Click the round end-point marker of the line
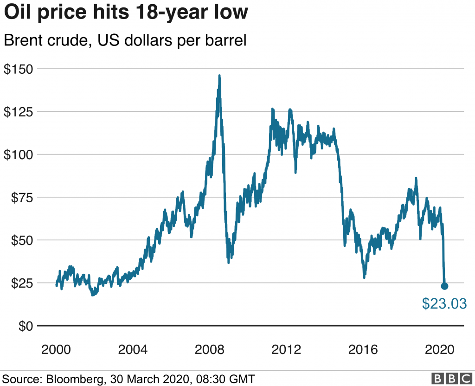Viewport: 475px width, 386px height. [444, 286]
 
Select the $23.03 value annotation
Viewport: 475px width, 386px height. [444, 303]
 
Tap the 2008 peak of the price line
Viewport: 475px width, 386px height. [219, 76]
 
